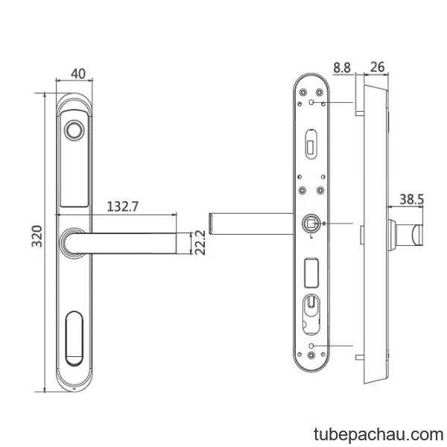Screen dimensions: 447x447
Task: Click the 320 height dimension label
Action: (37, 236)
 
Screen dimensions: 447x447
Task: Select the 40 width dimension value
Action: (78, 74)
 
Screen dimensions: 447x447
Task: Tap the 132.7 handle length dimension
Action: (123, 206)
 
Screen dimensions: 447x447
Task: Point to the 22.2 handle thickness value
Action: (200, 243)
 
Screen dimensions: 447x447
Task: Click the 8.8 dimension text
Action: (342, 68)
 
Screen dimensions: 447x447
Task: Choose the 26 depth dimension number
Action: (378, 67)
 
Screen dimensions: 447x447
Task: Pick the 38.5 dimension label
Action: (412, 199)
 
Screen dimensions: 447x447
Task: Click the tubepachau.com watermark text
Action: (378, 435)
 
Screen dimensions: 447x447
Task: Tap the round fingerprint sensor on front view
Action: (74, 130)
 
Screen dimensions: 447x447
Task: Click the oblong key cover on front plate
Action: (74, 339)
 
